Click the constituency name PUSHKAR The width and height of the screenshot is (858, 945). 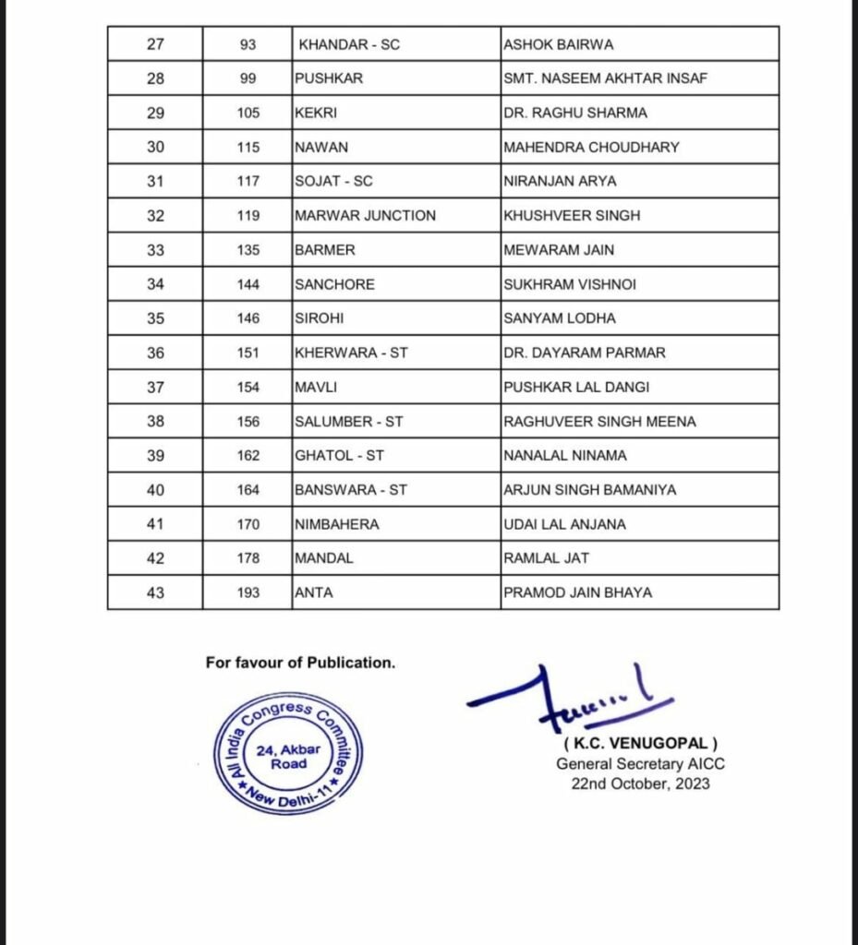pos(329,78)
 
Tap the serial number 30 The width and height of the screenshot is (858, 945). pos(155,147)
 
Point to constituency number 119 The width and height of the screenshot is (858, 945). pos(248,216)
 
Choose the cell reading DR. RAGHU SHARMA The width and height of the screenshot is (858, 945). pos(575,113)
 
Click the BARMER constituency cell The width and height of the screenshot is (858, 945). pos(324,250)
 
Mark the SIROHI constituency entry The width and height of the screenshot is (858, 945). pos(320,318)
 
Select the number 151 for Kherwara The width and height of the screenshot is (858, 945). pos(248,353)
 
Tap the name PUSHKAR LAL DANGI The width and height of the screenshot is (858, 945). pos(570,387)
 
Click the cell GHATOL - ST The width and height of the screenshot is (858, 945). pos(339,456)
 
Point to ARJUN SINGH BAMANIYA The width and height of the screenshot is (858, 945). pos(589,490)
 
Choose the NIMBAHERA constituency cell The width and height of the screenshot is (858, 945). pos(336,524)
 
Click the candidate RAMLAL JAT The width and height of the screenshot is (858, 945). pos(546,558)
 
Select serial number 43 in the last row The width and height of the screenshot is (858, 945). pos(155,592)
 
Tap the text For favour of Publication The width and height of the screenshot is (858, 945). pos(300,663)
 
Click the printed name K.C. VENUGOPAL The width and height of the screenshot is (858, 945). pos(640,744)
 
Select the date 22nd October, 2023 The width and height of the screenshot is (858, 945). pos(640,784)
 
